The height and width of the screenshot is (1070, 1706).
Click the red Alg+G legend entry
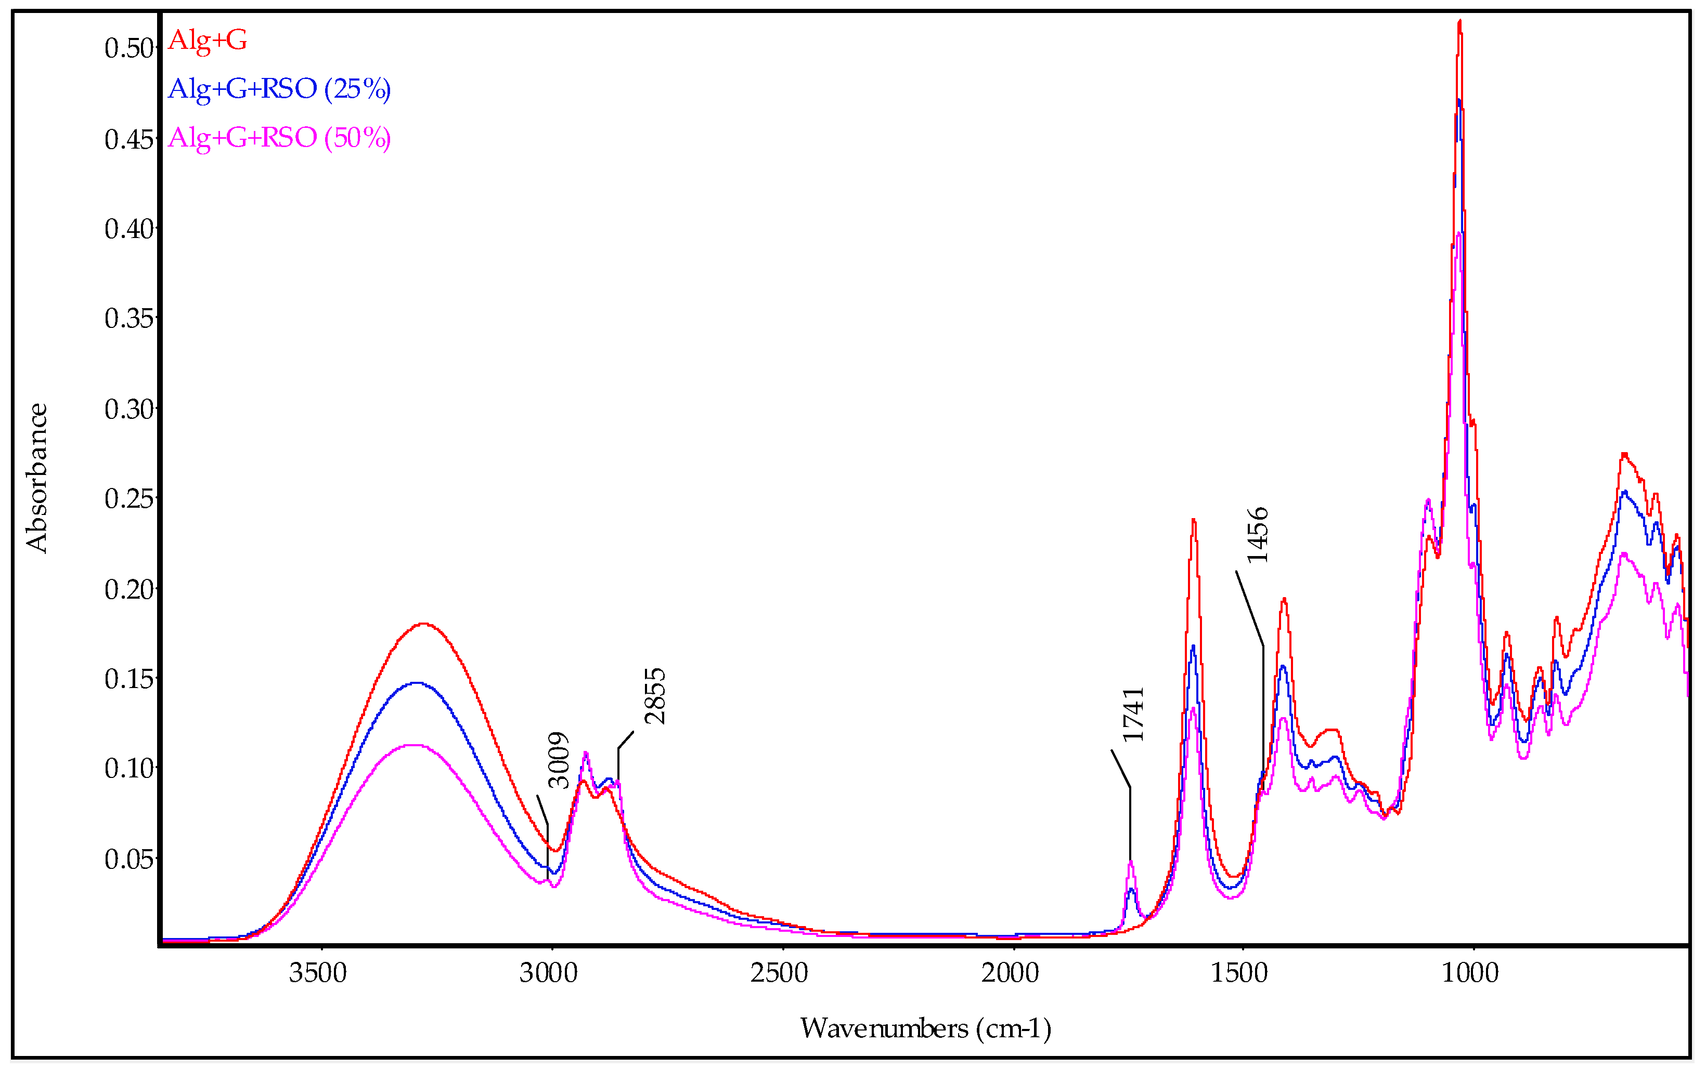coord(208,41)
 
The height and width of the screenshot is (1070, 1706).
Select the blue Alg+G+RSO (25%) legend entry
coord(279,89)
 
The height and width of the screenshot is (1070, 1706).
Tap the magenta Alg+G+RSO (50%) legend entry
coord(279,138)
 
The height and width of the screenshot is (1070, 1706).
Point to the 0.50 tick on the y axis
coord(129,48)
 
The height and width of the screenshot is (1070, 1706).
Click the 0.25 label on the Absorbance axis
coord(129,499)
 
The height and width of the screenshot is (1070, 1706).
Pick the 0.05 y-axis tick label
coord(129,859)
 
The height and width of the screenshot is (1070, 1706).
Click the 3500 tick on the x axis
coord(318,973)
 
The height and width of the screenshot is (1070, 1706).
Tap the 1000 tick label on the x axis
coord(1471,973)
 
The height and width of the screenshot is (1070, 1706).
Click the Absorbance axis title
coord(37,479)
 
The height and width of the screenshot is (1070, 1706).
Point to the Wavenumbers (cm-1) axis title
coord(925,1028)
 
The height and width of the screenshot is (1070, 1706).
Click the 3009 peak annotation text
coord(559,760)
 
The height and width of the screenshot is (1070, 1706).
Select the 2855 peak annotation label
coord(655,696)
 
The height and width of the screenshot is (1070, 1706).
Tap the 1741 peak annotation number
coord(1133,714)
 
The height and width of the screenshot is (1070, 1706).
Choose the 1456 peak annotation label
coord(1257,536)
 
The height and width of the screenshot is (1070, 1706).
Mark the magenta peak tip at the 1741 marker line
coord(1131,862)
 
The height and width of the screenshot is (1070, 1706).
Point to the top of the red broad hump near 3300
coord(423,624)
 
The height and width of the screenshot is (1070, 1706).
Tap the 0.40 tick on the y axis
coord(129,229)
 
